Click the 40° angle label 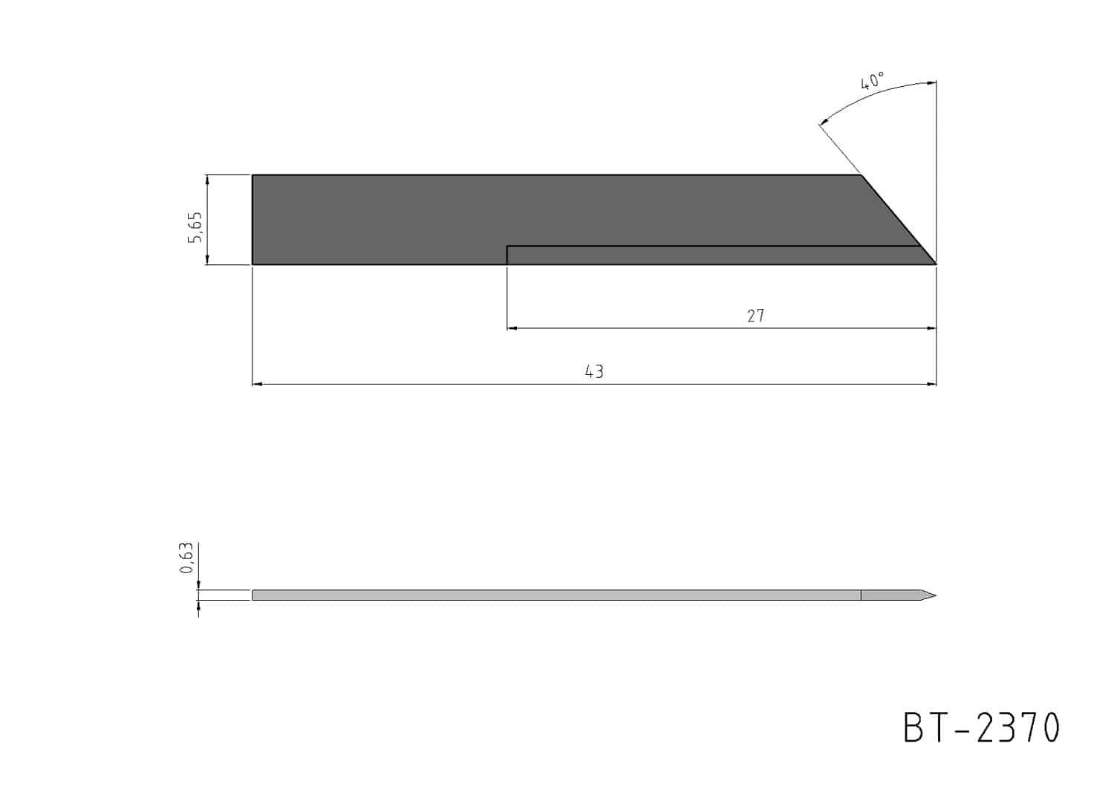(873, 80)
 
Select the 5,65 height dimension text (195, 227)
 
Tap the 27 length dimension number (756, 316)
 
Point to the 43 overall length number (594, 371)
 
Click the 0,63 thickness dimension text (186, 558)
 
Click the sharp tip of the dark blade (936, 264)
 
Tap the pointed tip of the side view (936, 595)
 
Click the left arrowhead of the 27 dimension (512, 328)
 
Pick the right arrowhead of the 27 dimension (931, 328)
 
